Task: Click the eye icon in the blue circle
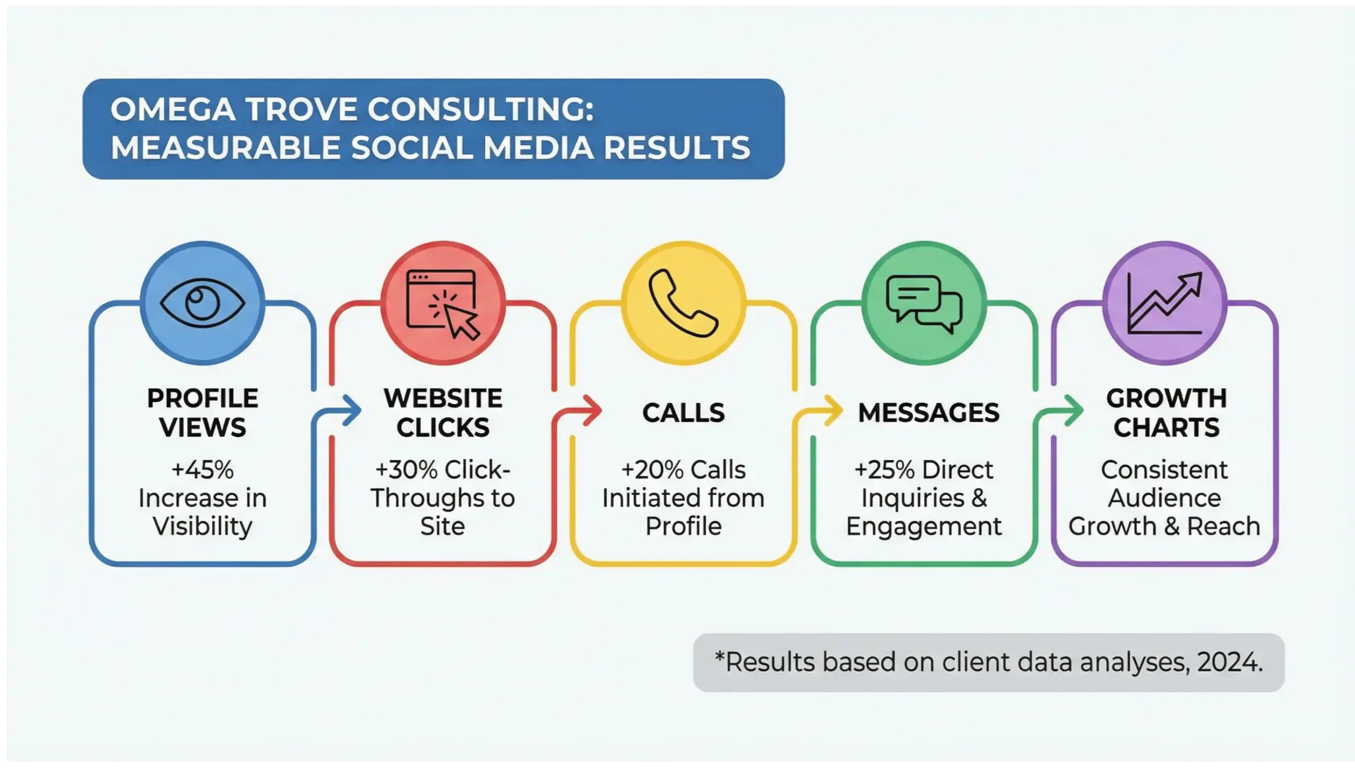tap(202, 303)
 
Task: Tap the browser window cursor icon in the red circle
tap(443, 304)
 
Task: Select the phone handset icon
tap(683, 303)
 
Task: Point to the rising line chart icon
tap(1164, 303)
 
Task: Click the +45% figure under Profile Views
tap(203, 470)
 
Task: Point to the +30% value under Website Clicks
tap(406, 470)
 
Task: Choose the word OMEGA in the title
tap(173, 110)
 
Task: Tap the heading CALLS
tap(683, 413)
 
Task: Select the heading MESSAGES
tap(929, 413)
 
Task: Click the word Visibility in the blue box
tap(203, 527)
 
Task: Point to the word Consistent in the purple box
tap(1164, 470)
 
